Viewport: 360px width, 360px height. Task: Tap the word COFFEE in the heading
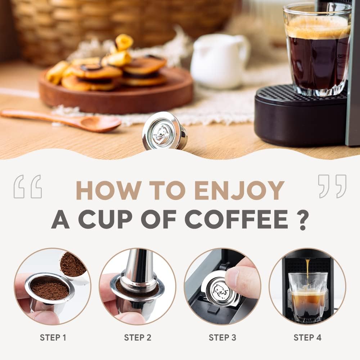[236, 219]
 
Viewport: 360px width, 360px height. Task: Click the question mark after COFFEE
[303, 219]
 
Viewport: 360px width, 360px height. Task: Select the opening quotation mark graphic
[28, 186]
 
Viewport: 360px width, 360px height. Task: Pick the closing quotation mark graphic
[332, 186]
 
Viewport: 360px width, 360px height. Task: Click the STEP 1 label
[53, 338]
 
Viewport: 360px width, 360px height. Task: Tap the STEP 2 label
[138, 338]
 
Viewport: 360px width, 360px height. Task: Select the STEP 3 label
[222, 338]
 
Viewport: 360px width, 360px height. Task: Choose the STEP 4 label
[307, 338]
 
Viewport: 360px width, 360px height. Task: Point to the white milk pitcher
[219, 61]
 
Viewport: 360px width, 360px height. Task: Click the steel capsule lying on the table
[165, 131]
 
